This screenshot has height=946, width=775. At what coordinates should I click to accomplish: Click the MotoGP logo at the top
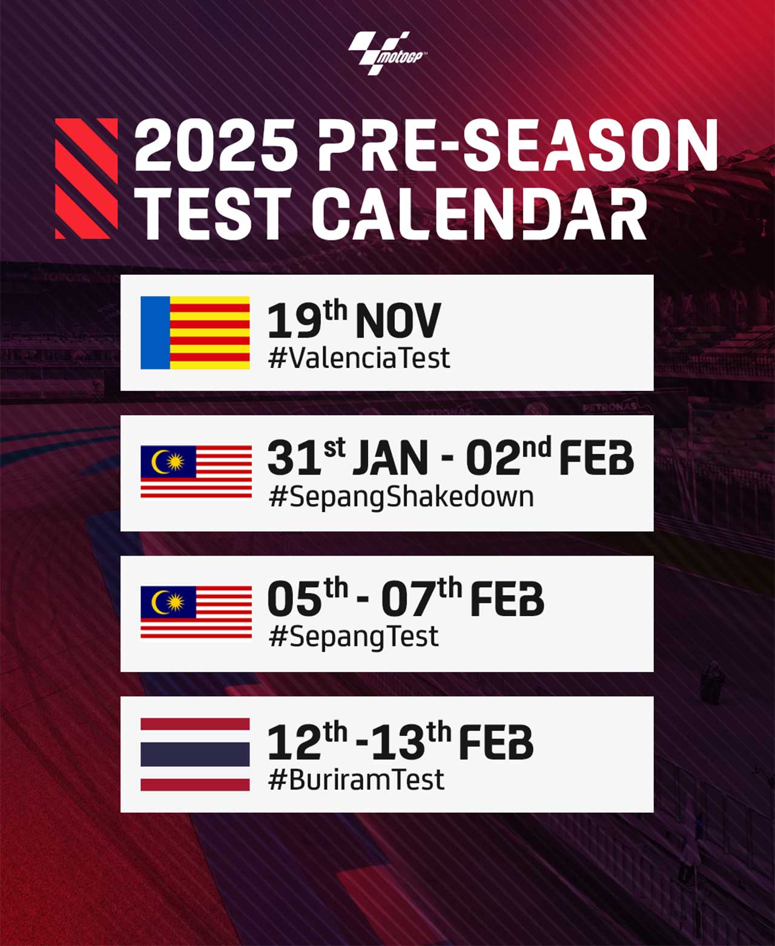(x=387, y=53)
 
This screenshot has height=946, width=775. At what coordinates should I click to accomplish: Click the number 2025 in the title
(x=216, y=146)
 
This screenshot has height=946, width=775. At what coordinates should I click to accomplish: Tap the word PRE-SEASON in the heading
(x=518, y=146)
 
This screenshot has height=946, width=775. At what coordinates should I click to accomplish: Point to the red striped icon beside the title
(x=87, y=179)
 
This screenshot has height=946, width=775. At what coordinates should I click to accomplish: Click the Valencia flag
(x=195, y=332)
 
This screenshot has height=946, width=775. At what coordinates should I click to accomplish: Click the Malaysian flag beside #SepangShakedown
(x=196, y=472)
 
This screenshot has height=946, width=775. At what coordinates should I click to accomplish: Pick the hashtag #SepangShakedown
(x=401, y=497)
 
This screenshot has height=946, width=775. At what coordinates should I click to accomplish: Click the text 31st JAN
(x=348, y=457)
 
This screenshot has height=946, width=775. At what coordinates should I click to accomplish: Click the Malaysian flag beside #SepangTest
(x=196, y=612)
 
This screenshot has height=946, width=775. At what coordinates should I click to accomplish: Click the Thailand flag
(x=195, y=754)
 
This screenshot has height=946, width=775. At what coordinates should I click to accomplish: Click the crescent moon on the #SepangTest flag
(x=159, y=602)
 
